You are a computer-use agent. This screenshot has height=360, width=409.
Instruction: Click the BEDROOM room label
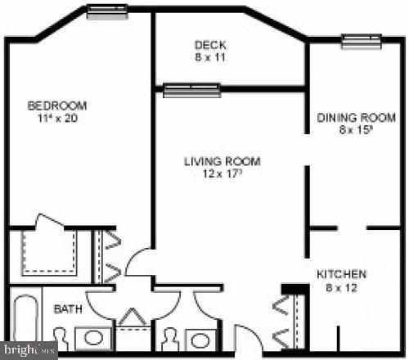(x=57, y=106)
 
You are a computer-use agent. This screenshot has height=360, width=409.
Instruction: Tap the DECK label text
(x=210, y=45)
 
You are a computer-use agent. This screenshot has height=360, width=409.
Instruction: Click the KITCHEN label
(x=341, y=274)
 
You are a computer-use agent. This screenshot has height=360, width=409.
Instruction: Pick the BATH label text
(x=68, y=309)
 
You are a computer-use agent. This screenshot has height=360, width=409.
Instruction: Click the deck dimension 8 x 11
(x=210, y=58)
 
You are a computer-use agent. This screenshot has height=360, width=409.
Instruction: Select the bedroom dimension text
(x=57, y=119)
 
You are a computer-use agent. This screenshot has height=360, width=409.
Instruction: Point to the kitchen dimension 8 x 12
(x=341, y=288)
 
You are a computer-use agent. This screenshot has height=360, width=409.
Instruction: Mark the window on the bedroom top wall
(x=107, y=11)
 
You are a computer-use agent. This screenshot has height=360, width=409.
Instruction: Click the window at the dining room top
(x=361, y=41)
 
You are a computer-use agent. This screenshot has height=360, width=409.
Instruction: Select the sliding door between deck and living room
(x=191, y=89)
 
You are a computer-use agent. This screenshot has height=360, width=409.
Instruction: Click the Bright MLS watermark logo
(x=29, y=349)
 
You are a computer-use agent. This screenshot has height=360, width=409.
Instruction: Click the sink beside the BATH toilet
(x=92, y=337)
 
